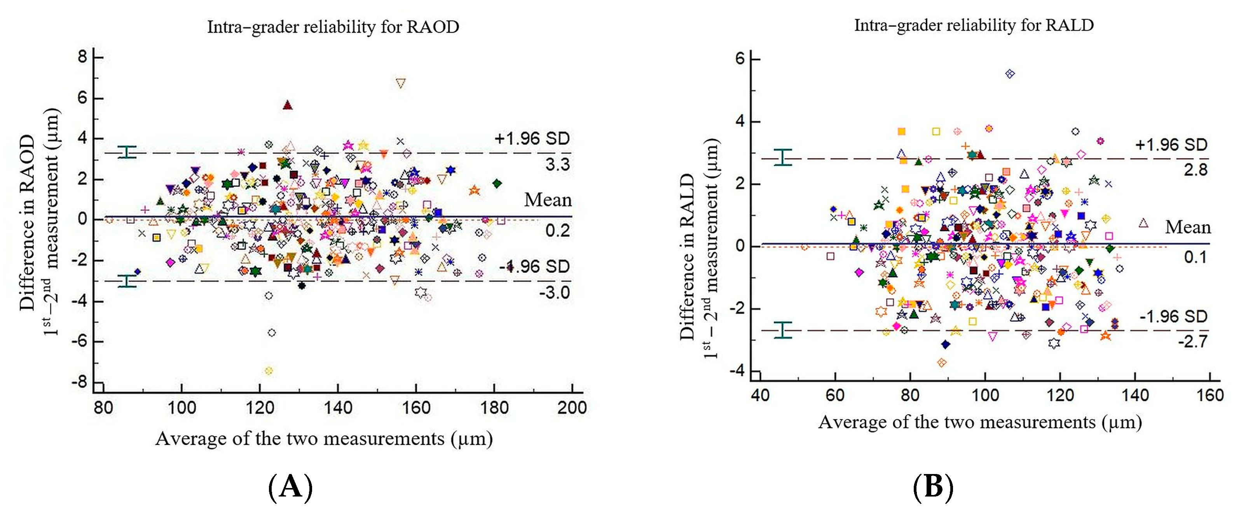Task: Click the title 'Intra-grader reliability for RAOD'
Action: (x=333, y=27)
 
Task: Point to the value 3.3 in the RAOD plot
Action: (x=557, y=165)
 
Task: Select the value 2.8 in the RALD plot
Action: (x=1196, y=169)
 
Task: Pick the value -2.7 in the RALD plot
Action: (x=1193, y=342)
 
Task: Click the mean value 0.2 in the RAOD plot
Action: (x=557, y=231)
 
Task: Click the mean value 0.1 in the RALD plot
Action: (x=1196, y=257)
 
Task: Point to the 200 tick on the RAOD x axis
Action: (x=572, y=408)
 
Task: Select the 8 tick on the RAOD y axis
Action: (x=82, y=57)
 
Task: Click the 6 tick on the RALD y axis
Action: (x=740, y=59)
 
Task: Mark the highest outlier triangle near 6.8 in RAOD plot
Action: (x=400, y=83)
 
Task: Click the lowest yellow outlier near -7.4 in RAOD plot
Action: (x=269, y=371)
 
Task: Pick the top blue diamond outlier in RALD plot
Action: (x=1010, y=74)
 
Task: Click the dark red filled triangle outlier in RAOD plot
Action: (x=288, y=105)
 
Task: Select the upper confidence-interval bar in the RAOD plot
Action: (x=127, y=152)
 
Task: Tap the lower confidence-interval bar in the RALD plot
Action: (x=783, y=330)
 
